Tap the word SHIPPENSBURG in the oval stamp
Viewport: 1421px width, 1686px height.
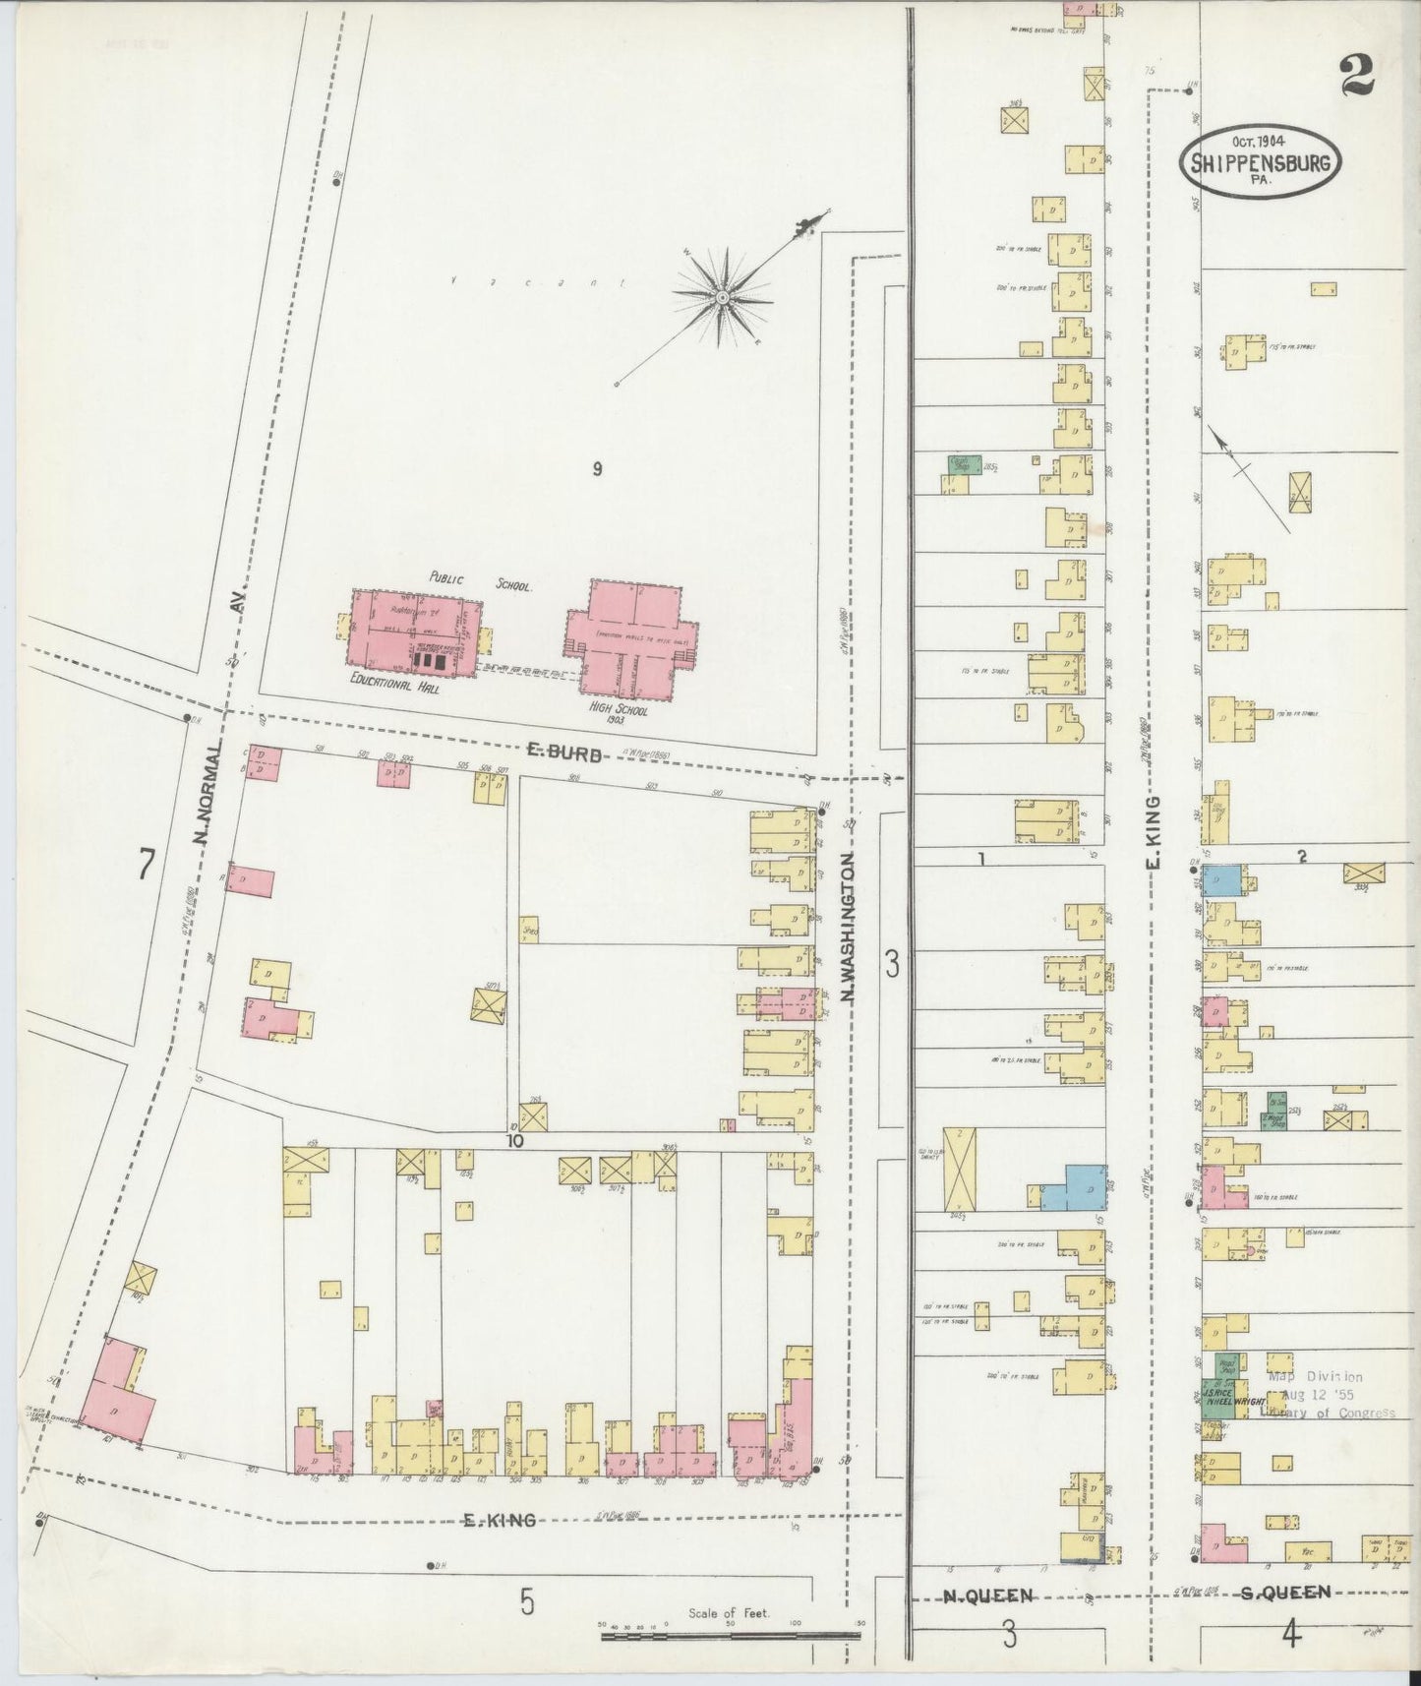pos(1261,163)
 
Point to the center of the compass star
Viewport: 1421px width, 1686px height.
pos(721,295)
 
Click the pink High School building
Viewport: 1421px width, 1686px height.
pos(629,639)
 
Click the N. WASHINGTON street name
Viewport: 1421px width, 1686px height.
pos(848,928)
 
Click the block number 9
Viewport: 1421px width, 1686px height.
pos(597,468)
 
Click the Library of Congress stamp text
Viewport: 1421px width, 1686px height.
pos(1328,1413)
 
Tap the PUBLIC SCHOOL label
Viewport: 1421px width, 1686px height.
pos(481,580)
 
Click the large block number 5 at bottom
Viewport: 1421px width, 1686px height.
pos(527,1603)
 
